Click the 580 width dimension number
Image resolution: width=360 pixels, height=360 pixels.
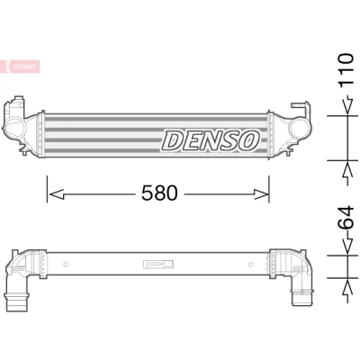click(x=159, y=193)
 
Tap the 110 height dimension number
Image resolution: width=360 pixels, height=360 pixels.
click(x=346, y=71)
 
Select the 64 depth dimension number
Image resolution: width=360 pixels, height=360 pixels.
click(x=346, y=218)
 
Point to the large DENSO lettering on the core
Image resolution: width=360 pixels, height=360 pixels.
click(x=211, y=140)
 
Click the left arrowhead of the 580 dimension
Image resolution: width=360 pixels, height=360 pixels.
click(x=57, y=194)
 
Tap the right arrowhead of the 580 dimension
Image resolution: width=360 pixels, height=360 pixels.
click(x=261, y=194)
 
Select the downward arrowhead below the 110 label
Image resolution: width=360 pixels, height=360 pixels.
click(x=347, y=105)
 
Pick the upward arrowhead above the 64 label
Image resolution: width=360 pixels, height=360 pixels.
click(x=347, y=171)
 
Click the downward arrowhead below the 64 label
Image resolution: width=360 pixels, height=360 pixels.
click(x=347, y=247)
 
